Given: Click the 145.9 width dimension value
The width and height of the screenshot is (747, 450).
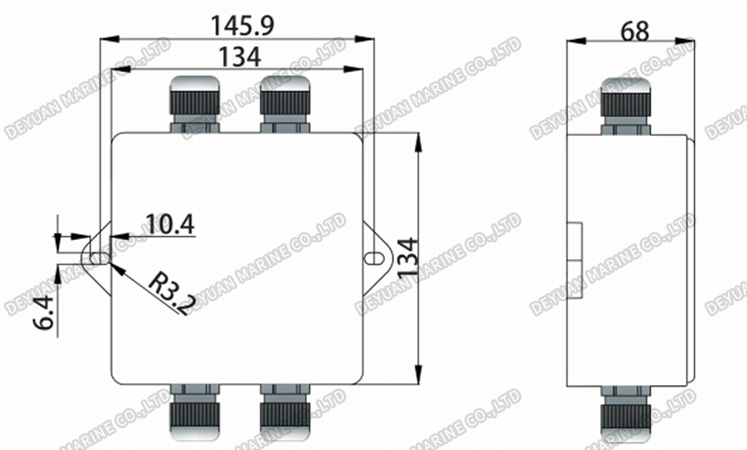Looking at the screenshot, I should coord(242,25).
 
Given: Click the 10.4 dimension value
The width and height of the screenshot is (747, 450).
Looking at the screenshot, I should coord(169,223).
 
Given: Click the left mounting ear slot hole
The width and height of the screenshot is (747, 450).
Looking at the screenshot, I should coord(99,258).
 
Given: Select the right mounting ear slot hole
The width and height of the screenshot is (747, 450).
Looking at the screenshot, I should coord(370,258).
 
